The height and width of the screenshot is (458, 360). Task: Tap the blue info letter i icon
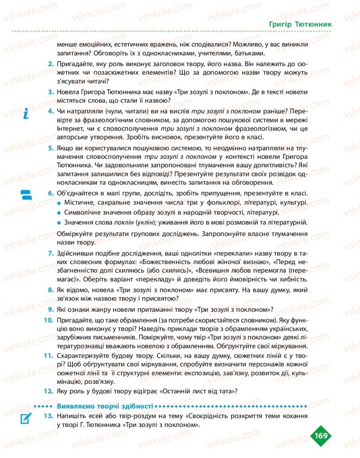tap(26, 114)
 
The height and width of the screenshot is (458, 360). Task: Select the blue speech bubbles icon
tap(26, 195)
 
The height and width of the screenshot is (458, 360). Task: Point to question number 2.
tap(51, 64)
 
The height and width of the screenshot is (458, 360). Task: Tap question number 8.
tap(51, 291)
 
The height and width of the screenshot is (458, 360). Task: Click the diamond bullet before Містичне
tap(59, 204)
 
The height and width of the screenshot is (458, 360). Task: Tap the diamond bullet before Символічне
tap(59, 213)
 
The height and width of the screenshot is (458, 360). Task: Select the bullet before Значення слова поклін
tap(59, 222)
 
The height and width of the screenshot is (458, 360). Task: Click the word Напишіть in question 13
tap(72, 417)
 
